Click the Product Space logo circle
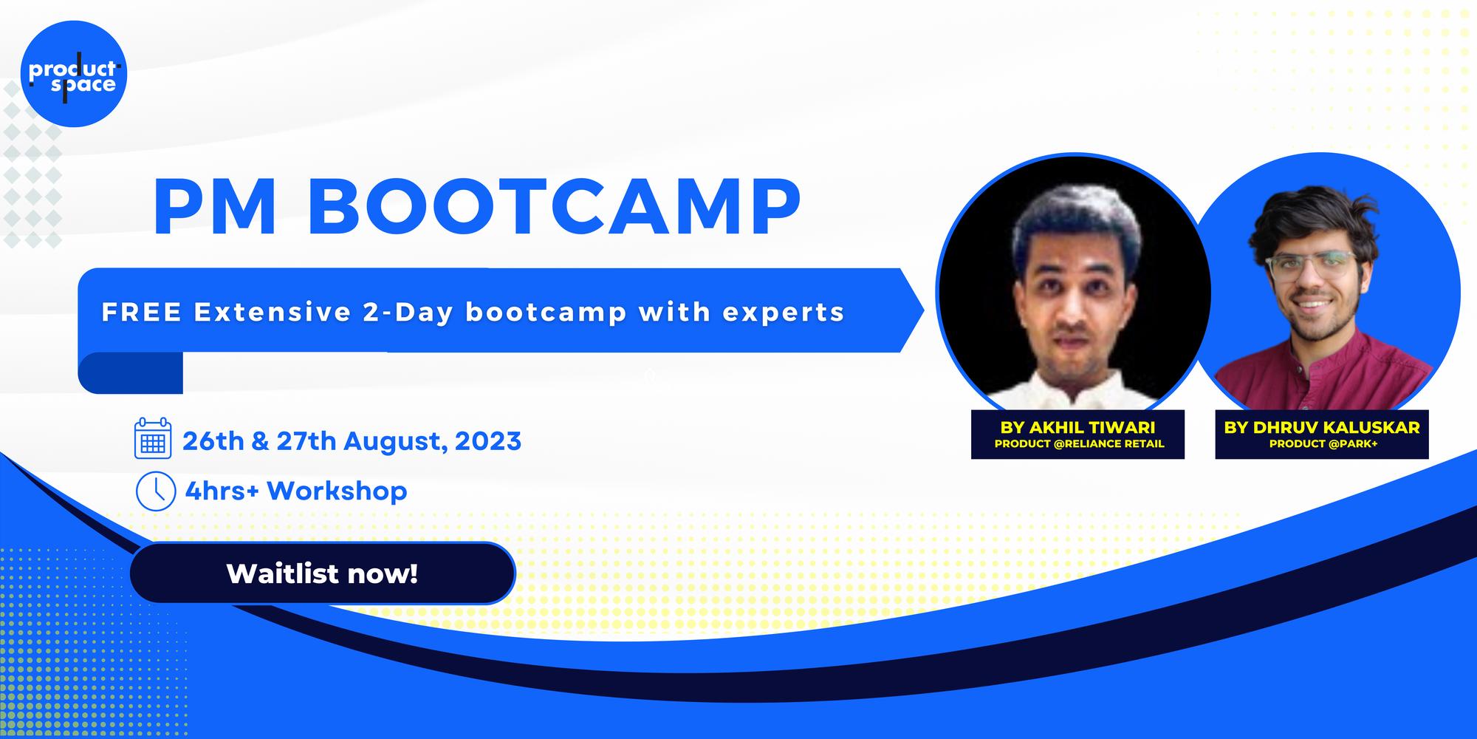74,74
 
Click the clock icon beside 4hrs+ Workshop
155,491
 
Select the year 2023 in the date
488,441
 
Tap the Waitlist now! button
322,573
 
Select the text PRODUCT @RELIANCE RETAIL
1079,444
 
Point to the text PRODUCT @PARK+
1323,444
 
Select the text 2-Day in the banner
408,313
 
